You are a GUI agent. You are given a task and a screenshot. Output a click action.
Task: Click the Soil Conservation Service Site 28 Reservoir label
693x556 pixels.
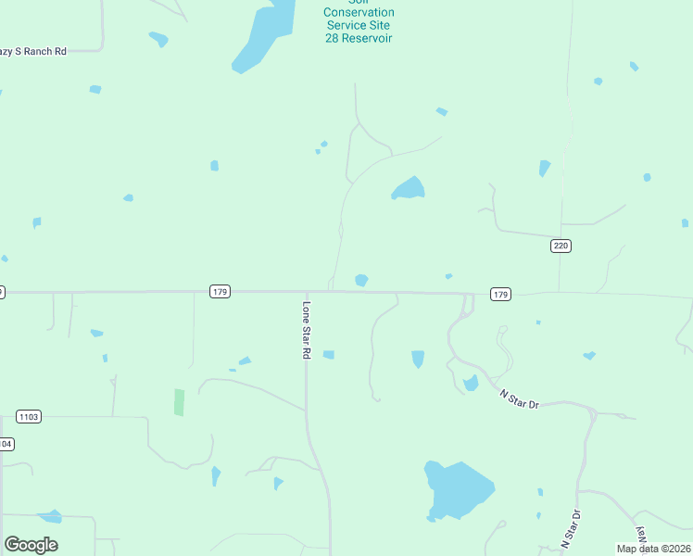(x=359, y=25)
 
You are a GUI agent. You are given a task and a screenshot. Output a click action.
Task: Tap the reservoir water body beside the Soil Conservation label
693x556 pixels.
(x=263, y=37)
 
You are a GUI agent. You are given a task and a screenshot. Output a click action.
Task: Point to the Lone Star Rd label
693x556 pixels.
(x=306, y=330)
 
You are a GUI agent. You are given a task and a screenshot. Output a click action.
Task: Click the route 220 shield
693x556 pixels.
(x=561, y=246)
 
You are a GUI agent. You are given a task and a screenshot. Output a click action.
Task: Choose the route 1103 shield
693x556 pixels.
(x=29, y=417)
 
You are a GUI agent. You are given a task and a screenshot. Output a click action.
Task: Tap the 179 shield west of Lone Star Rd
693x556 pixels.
(x=220, y=291)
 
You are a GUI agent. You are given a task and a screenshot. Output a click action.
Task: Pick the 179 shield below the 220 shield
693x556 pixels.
(x=500, y=294)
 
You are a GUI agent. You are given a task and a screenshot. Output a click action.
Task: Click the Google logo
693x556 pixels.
(x=31, y=544)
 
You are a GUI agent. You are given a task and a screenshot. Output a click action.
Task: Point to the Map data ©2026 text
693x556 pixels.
(x=652, y=549)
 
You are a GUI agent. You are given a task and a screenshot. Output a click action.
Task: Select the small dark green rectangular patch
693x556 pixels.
(x=179, y=402)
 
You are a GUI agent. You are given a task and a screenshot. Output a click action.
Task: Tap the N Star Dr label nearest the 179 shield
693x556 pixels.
(x=519, y=399)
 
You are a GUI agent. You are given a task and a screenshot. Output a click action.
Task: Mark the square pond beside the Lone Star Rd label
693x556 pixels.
(x=328, y=354)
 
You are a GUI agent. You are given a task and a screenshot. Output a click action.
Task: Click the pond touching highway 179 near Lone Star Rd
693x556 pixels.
(x=361, y=280)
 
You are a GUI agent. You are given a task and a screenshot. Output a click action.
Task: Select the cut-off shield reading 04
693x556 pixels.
(x=6, y=444)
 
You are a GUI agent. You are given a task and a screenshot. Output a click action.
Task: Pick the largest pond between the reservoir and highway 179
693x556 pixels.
(x=409, y=189)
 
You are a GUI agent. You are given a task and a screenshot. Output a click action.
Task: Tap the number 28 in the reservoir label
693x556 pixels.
(x=334, y=38)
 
